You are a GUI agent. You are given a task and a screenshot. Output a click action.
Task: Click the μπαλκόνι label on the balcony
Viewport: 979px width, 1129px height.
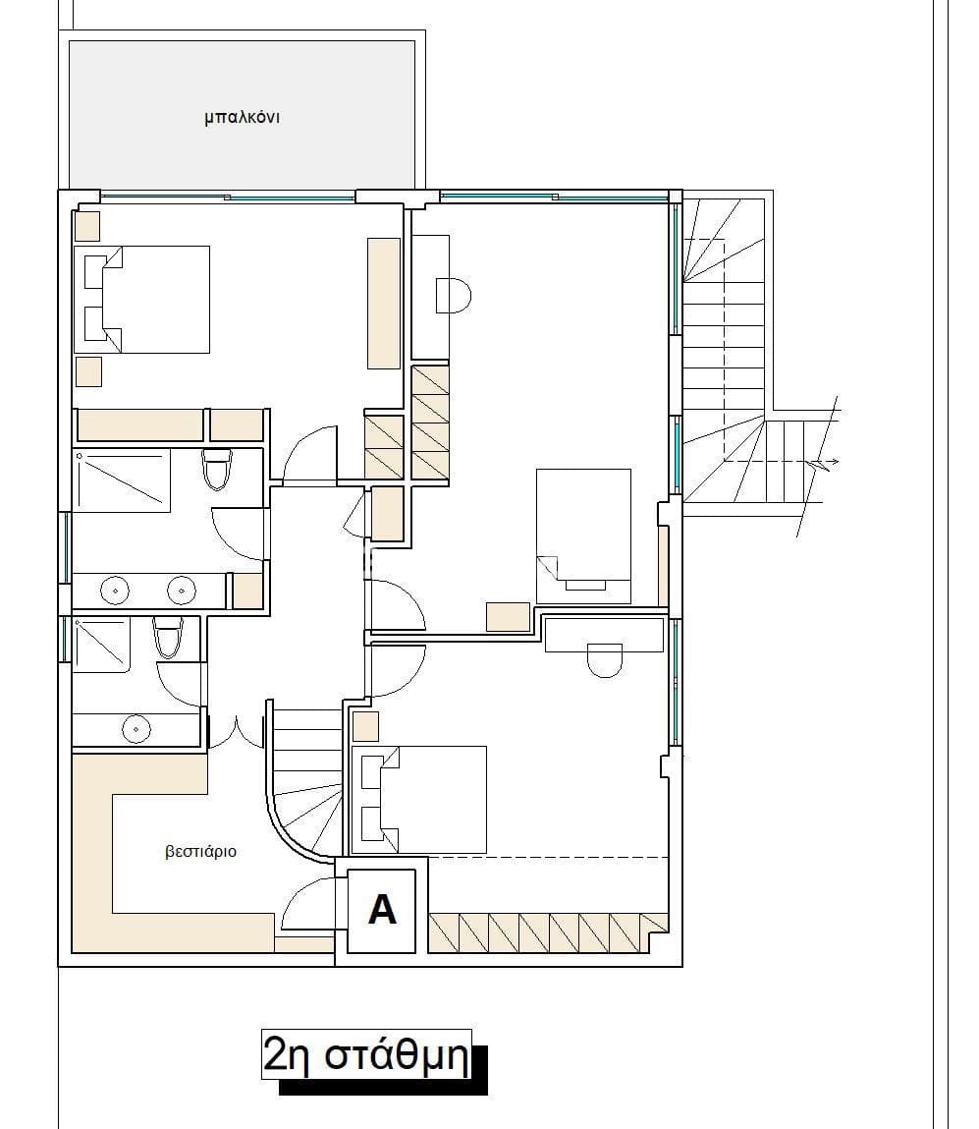[x=242, y=117]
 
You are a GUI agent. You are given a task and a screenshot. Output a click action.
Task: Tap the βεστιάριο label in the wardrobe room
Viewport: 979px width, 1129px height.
[x=200, y=852]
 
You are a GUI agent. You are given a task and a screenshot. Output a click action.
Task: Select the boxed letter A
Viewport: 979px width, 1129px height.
[x=382, y=910]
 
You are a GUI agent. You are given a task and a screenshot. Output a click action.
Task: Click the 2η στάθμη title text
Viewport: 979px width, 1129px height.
[x=366, y=1055]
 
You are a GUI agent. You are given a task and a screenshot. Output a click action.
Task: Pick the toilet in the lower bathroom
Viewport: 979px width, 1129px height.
[x=168, y=638]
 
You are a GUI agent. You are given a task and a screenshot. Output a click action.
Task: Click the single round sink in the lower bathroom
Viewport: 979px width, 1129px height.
[x=136, y=729]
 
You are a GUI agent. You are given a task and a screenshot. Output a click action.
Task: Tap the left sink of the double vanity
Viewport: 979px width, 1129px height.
[x=114, y=591]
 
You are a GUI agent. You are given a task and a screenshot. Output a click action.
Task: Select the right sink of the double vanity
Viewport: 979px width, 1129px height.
[x=182, y=591]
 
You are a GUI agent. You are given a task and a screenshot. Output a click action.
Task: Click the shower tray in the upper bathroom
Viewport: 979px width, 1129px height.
[x=122, y=480]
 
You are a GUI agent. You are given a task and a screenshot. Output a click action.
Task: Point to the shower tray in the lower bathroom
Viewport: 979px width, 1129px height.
[x=101, y=645]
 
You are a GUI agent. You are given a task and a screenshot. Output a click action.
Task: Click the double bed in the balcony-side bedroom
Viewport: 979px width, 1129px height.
[x=142, y=300]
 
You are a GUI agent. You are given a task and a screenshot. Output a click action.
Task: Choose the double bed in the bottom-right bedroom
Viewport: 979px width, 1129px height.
[x=418, y=800]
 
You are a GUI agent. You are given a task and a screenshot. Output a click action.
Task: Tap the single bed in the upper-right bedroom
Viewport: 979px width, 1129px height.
[x=583, y=536]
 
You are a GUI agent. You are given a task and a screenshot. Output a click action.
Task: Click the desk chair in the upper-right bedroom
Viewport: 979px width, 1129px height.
[x=454, y=295]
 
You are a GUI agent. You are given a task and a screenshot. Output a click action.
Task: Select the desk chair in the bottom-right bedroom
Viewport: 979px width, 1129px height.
[x=604, y=660]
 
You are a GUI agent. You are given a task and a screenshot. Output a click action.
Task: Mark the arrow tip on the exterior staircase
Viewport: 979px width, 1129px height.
[x=839, y=462]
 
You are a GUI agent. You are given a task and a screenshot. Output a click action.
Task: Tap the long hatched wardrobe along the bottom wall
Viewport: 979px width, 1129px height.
[x=548, y=933]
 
